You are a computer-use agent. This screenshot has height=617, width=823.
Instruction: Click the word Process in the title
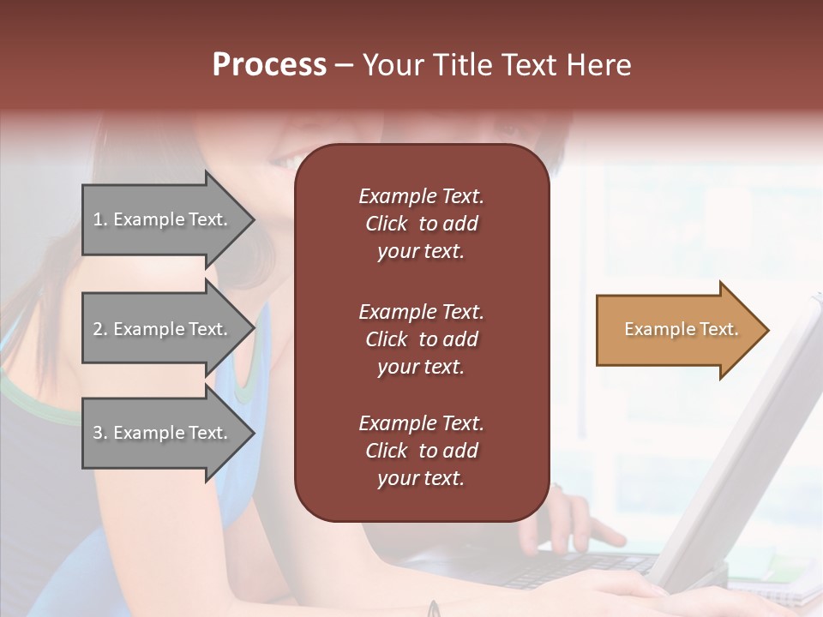pyautogui.click(x=269, y=65)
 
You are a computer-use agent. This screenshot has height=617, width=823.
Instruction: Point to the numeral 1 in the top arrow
pyautogui.click(x=97, y=219)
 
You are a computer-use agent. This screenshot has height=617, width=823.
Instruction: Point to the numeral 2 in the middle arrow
pyautogui.click(x=98, y=329)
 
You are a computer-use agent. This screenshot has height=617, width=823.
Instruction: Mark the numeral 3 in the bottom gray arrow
pyautogui.click(x=98, y=433)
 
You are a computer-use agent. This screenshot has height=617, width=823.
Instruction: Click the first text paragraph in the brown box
pyautogui.click(x=421, y=224)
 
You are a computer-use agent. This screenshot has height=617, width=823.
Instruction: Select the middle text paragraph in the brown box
pyautogui.click(x=421, y=339)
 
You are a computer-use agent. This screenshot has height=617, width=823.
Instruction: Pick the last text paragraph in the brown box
pyautogui.click(x=421, y=451)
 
